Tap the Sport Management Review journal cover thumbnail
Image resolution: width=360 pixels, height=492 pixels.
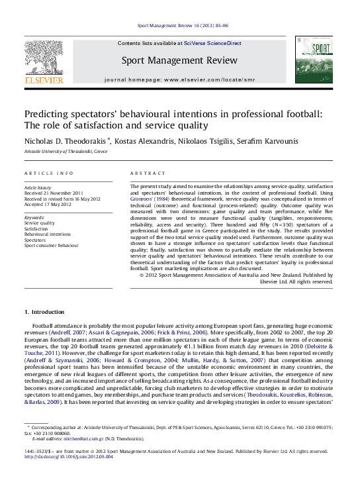tap(314, 60)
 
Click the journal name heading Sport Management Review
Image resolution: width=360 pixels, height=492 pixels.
tap(179, 61)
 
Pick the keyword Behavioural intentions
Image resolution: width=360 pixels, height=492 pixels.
tap(48, 234)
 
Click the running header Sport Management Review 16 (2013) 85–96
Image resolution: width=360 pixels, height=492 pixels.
tap(182, 25)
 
